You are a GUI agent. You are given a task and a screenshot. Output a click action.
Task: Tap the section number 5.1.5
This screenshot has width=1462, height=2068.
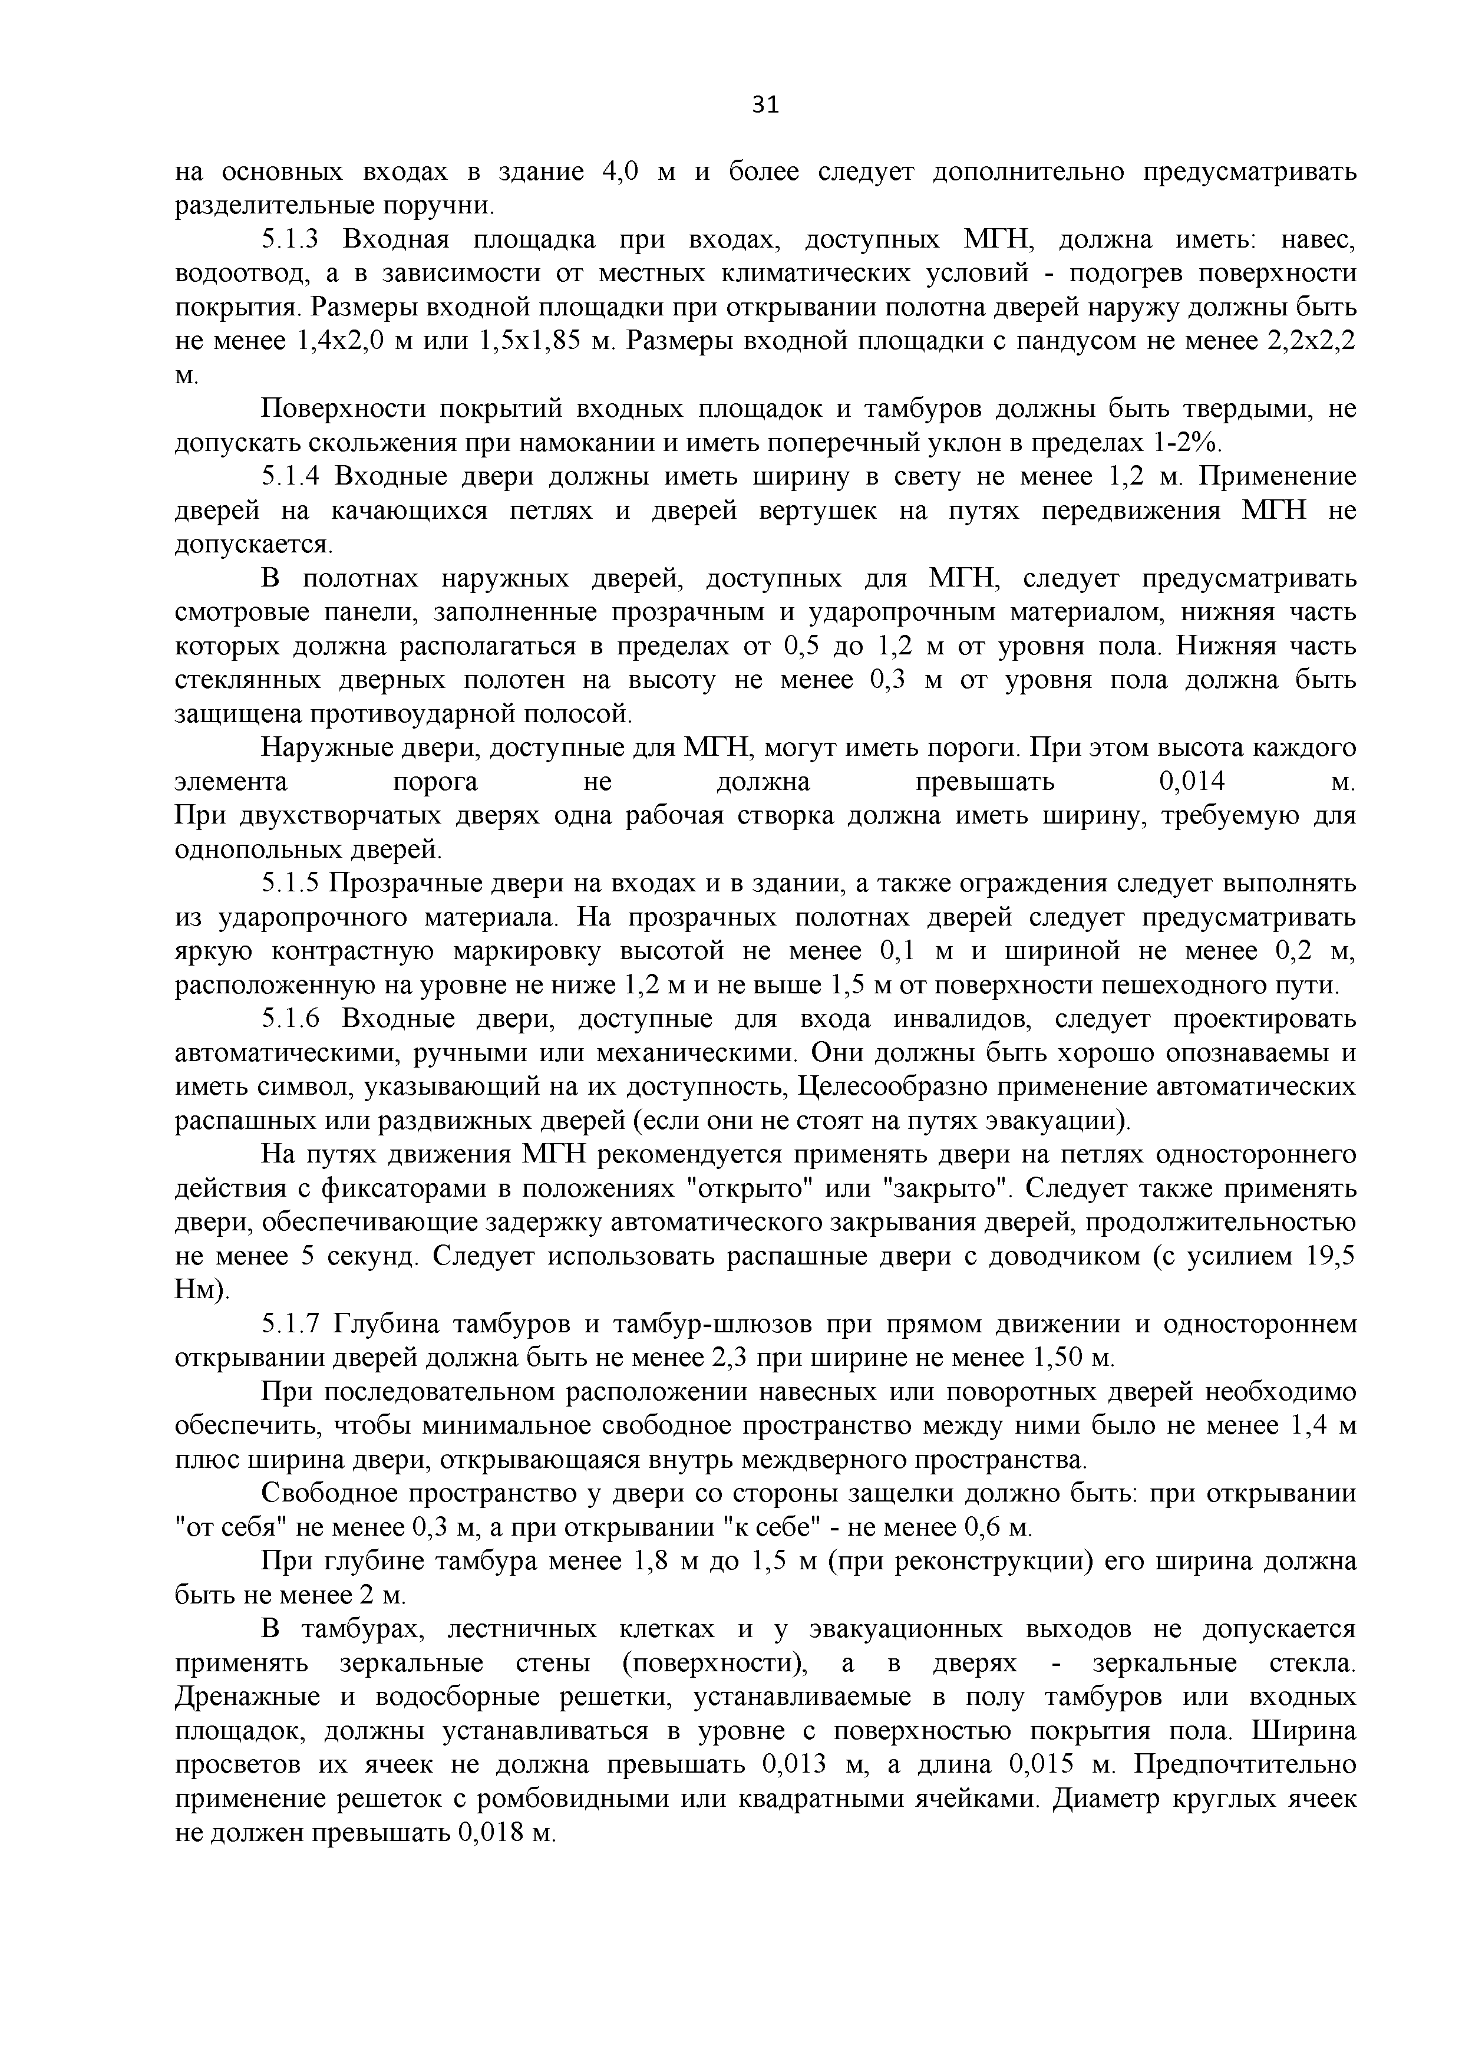[290, 884]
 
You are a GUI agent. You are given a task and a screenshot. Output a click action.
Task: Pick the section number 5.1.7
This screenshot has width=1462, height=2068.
[290, 1325]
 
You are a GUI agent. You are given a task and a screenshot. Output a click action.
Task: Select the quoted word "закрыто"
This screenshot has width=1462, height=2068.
[945, 1189]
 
